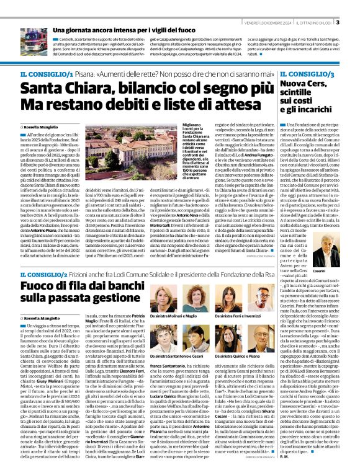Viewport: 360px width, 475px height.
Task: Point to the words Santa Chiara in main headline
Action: pyautogui.click(x=67, y=88)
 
